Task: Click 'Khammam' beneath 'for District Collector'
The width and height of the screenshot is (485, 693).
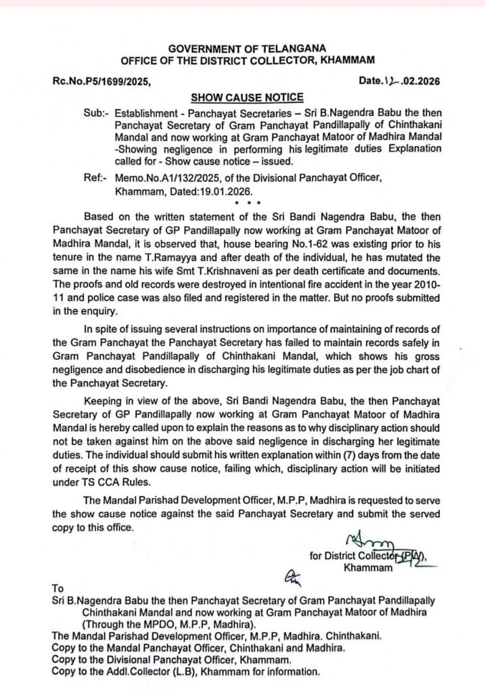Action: tap(368, 568)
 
